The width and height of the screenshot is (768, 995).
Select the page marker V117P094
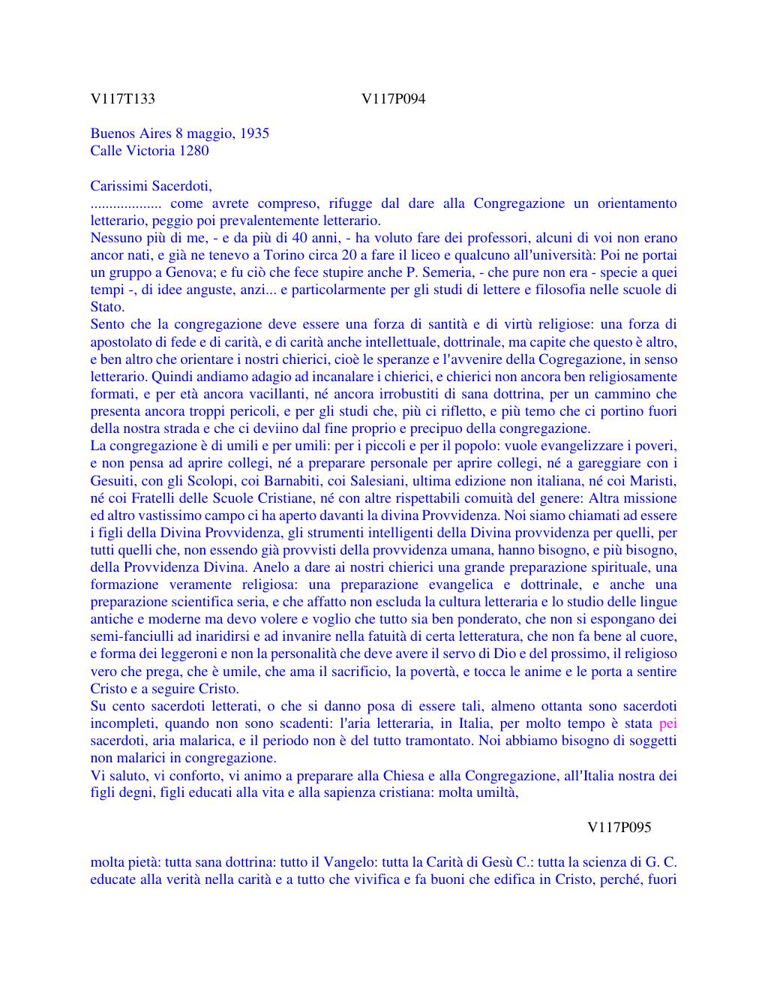[393, 99]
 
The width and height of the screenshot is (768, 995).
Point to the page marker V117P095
[619, 827]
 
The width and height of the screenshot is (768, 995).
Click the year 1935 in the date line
[255, 134]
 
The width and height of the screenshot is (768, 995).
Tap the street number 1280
[193, 151]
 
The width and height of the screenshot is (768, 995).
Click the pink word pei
[667, 723]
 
